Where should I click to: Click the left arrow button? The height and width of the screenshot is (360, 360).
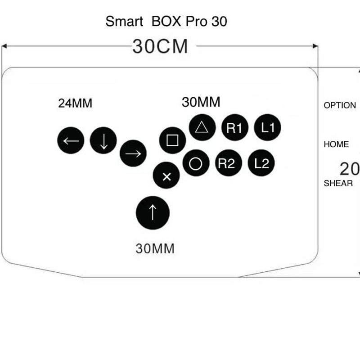point(71,141)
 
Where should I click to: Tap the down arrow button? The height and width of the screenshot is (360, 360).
point(103,141)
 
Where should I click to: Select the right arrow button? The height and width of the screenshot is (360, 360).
point(133,153)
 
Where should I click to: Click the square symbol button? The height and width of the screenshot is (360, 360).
point(172,140)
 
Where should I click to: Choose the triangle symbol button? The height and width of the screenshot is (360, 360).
point(202,127)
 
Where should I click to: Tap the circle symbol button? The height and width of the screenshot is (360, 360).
point(196,163)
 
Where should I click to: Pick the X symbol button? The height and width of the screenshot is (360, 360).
point(166,176)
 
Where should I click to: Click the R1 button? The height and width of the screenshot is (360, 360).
point(234,128)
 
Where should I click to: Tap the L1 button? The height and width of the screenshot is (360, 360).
point(268,128)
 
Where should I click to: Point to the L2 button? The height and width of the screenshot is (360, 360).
point(261,163)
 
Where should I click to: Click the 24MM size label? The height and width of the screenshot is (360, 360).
point(75,103)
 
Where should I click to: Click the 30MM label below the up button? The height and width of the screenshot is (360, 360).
point(155,248)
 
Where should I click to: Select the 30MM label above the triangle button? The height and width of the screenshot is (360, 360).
point(201,102)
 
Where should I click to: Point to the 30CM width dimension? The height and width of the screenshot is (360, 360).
point(160,46)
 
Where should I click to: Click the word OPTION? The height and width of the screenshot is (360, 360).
point(340,105)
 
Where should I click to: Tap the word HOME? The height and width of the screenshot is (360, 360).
point(336,144)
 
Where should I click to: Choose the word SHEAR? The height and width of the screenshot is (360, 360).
point(338,183)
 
